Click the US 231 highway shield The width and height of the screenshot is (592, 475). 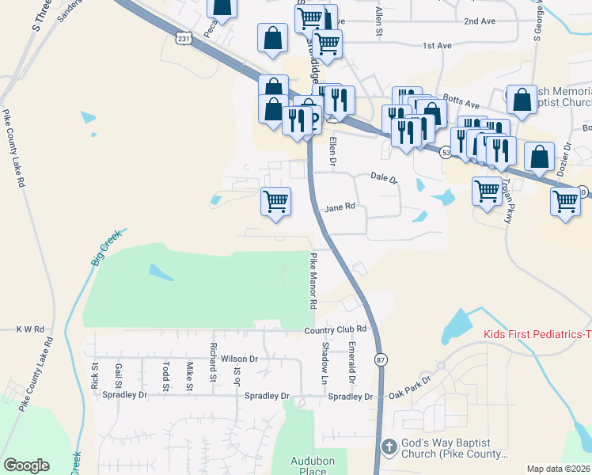click(x=184, y=38)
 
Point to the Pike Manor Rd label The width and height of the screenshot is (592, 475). click(x=313, y=281)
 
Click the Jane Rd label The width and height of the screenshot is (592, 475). click(x=340, y=207)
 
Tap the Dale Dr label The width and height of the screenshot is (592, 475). click(x=384, y=178)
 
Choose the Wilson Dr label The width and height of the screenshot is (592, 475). click(x=240, y=359)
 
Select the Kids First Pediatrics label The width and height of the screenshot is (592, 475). click(x=537, y=335)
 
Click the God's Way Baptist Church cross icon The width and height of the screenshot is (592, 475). click(x=388, y=446)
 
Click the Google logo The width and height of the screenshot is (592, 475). click(x=26, y=465)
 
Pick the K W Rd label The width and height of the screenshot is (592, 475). click(x=29, y=328)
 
